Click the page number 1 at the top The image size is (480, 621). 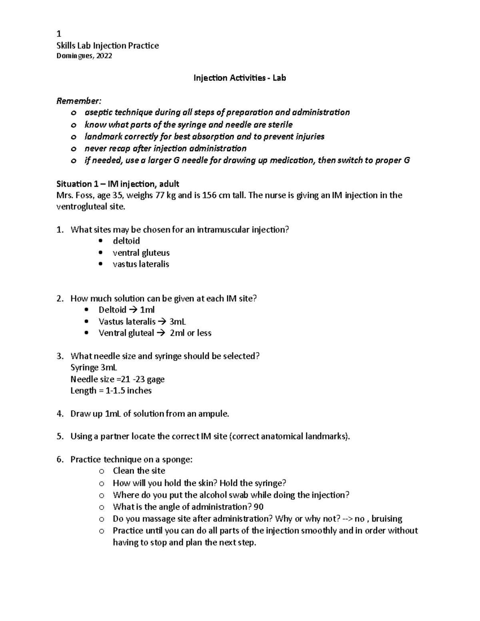[59, 33]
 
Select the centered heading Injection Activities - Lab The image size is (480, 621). [240, 78]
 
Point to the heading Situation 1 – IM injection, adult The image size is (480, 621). [118, 184]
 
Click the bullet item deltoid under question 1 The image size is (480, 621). [126, 241]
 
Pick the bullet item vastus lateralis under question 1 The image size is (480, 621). [141, 264]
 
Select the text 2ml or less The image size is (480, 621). [190, 333]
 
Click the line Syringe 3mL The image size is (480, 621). [94, 367]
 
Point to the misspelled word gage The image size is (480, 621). [156, 379]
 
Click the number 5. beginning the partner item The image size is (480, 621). [60, 437]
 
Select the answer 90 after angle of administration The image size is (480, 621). [258, 507]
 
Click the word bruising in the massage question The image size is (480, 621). [386, 519]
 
